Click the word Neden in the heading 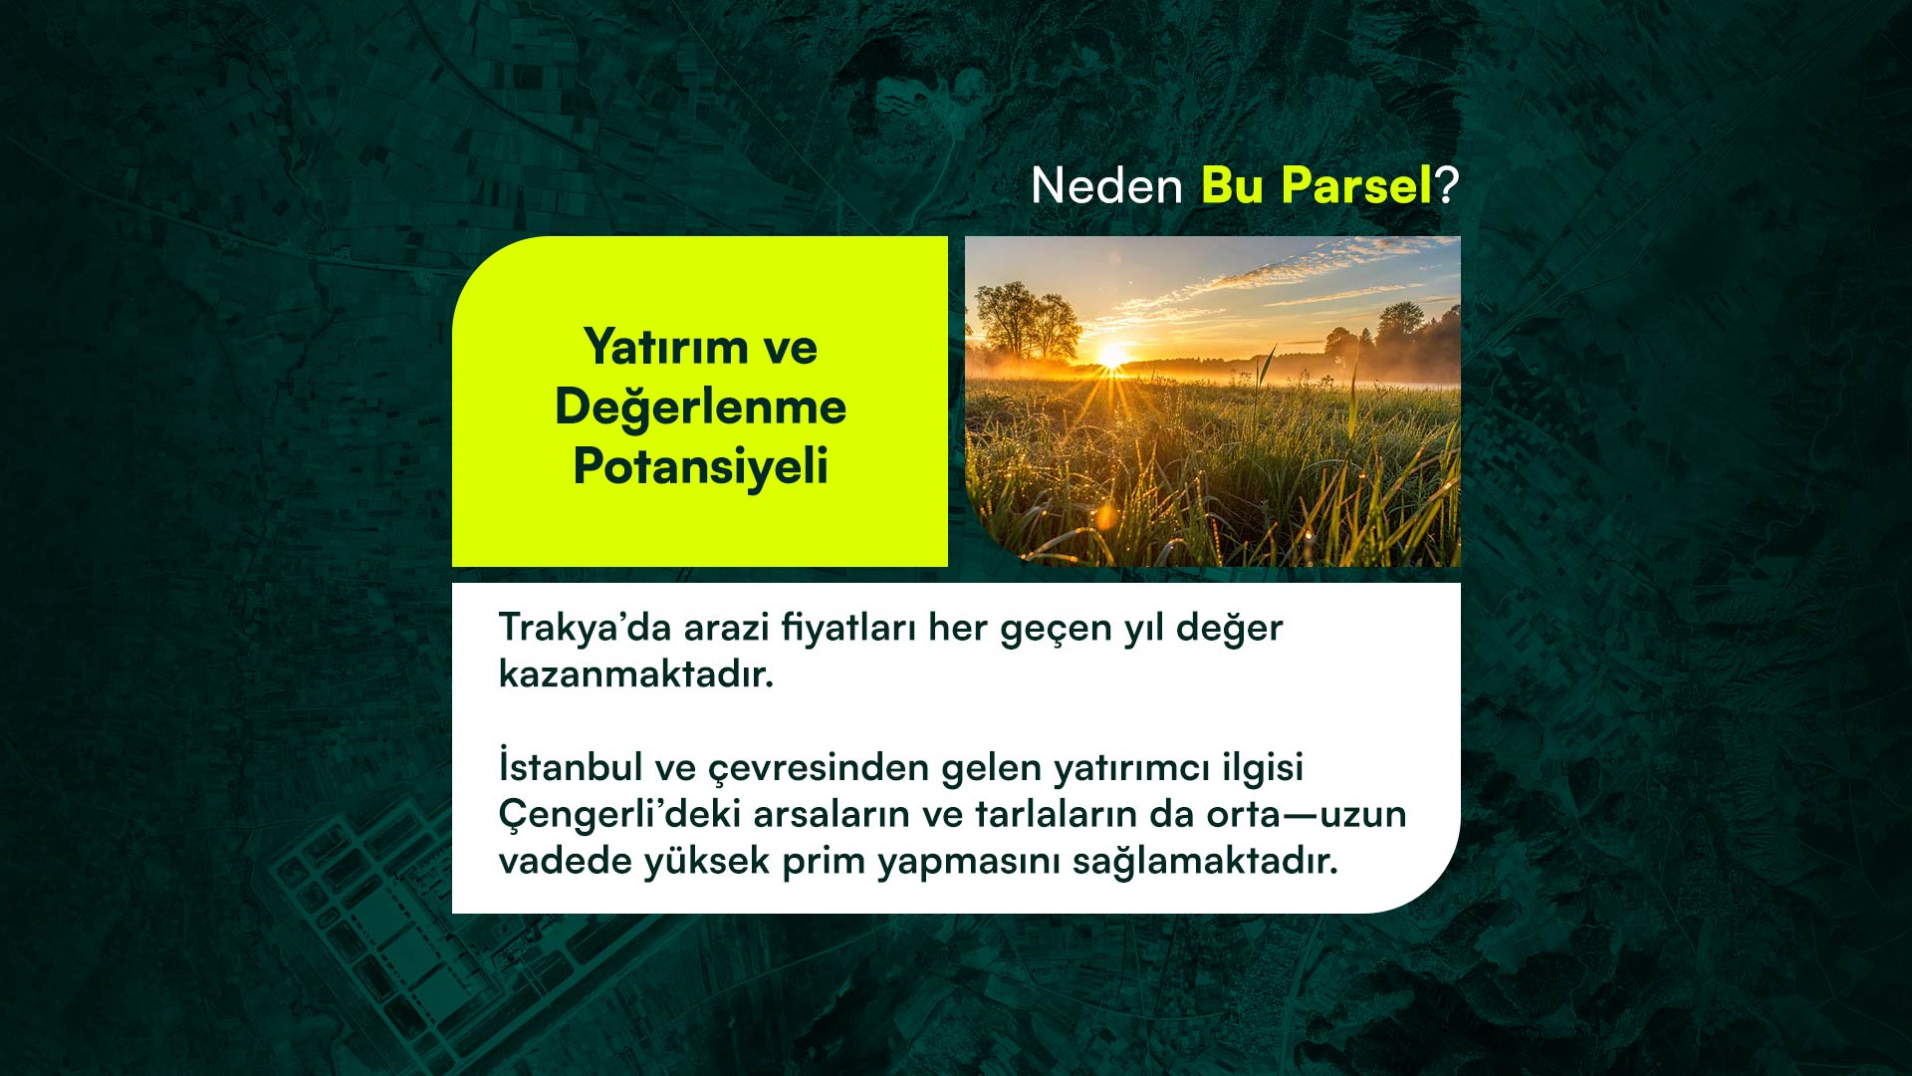(x=1106, y=185)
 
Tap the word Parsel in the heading (x=1356, y=185)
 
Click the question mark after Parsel (x=1447, y=185)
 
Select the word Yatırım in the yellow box (x=666, y=348)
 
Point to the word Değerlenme (x=700, y=407)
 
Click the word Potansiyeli (x=700, y=467)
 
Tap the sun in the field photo (x=1111, y=356)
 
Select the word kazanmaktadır (x=636, y=674)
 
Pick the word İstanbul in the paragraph (x=571, y=766)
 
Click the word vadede (x=565, y=861)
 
